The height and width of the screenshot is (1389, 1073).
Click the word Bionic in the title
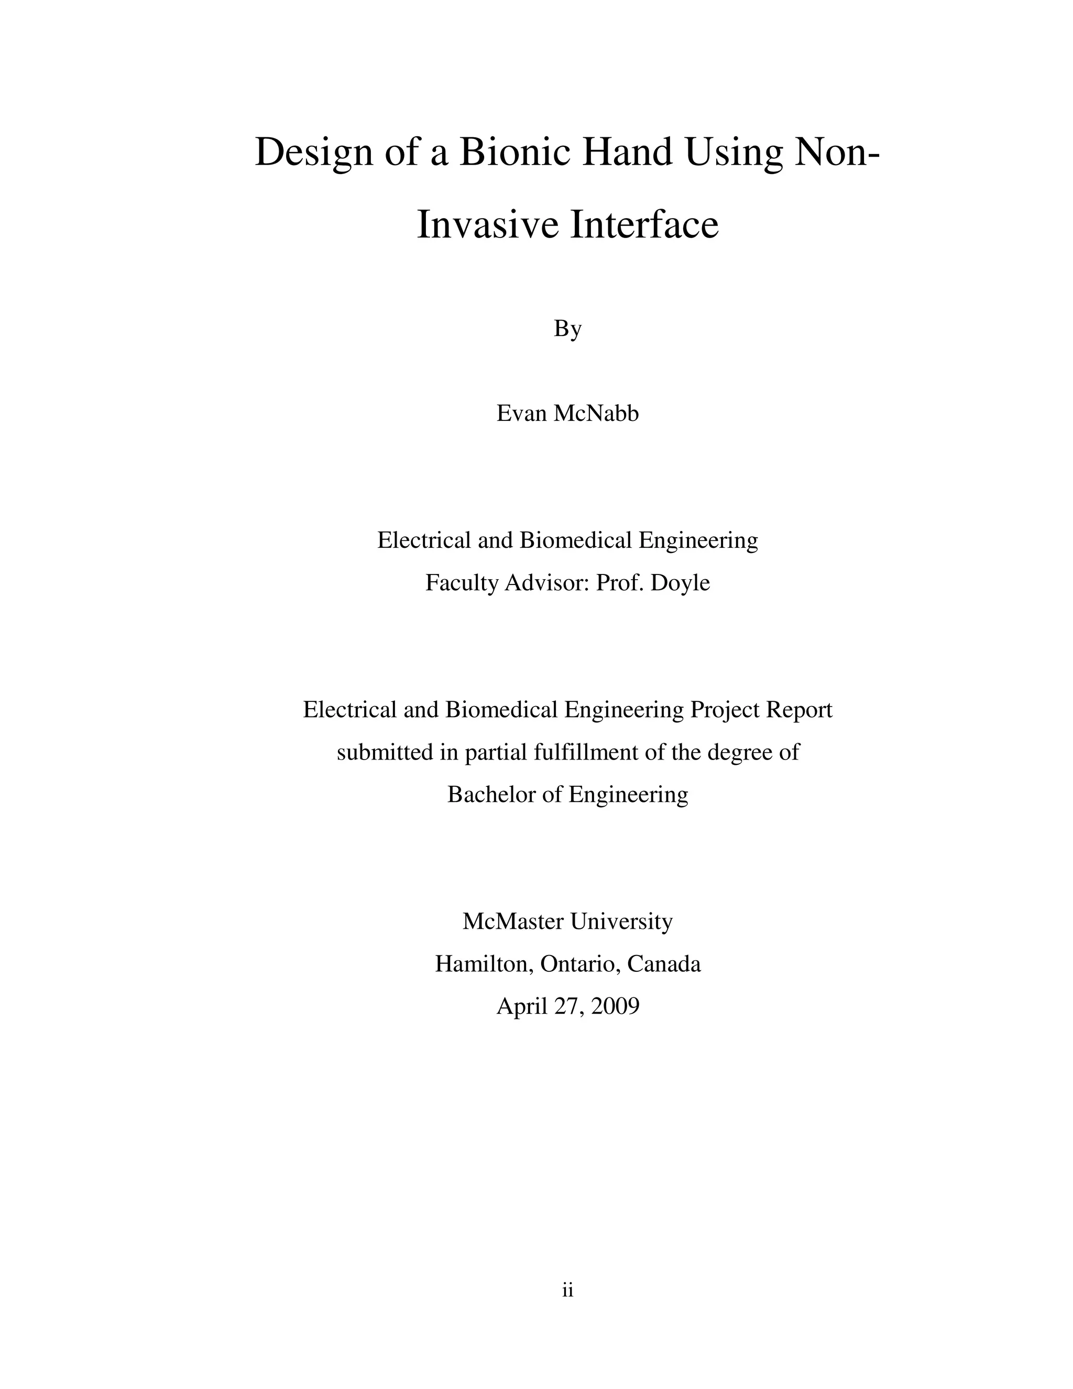514,153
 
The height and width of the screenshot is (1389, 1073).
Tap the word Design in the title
313,153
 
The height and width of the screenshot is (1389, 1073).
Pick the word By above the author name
567,329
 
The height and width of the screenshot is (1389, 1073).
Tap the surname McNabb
596,414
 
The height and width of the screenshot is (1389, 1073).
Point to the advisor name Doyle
680,582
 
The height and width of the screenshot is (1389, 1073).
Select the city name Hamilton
485,964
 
